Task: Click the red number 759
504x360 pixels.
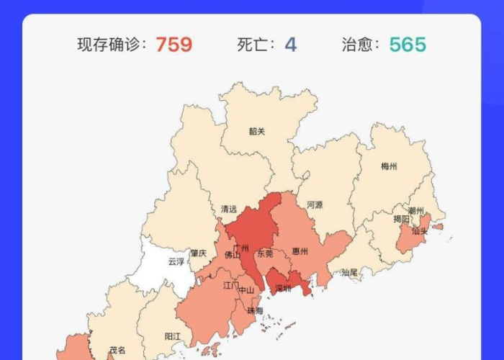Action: [x=174, y=45]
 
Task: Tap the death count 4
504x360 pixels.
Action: [x=290, y=45]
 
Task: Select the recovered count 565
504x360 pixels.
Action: [x=408, y=45]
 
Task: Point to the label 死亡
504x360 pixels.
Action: [x=256, y=45]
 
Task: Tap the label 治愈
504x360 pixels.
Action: [x=360, y=45]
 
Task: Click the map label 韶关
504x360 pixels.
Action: [x=257, y=131]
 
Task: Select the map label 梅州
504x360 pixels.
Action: [x=389, y=166]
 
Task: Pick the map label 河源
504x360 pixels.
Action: [x=315, y=204]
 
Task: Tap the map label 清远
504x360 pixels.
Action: [x=229, y=210]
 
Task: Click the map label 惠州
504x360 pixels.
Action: [x=300, y=252]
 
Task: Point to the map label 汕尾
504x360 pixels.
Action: [x=349, y=273]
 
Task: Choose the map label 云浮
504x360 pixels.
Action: [x=176, y=261]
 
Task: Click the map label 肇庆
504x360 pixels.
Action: [x=198, y=253]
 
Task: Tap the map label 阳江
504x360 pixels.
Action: [x=173, y=336]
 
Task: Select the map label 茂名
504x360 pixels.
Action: [x=117, y=349]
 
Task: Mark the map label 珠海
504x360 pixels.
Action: [x=255, y=310]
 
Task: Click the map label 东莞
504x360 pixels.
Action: [x=265, y=253]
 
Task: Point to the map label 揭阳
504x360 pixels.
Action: [x=402, y=219]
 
